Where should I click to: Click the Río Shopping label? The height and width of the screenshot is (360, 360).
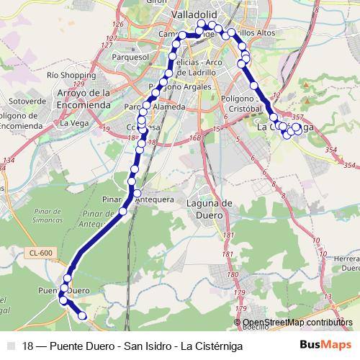tap(66, 75)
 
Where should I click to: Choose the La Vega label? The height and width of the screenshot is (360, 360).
tap(73, 122)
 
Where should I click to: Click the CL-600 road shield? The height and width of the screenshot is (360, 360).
tap(41, 252)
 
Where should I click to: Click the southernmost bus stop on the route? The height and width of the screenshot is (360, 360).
tap(82, 315)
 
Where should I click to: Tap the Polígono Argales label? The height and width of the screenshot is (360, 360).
tap(180, 87)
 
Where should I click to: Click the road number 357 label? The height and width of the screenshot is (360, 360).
tap(297, 117)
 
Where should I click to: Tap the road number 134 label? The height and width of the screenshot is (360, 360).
tap(9, 160)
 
